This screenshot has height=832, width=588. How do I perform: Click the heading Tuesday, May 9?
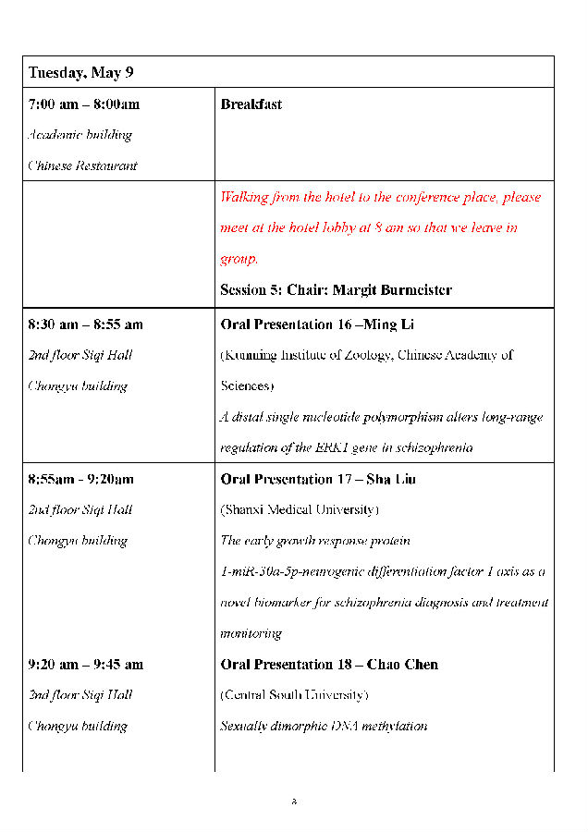coord(80,72)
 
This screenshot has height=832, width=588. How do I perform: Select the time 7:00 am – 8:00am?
coord(84,104)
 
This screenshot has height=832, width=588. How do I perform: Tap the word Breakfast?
coord(251,104)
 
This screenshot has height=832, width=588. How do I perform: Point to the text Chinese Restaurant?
coord(82,166)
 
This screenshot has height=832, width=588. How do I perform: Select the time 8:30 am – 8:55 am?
coord(86,324)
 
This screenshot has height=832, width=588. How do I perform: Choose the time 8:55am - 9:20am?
coord(81,479)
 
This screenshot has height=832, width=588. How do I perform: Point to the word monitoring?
coord(251,634)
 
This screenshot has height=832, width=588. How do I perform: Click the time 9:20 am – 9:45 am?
coord(86,664)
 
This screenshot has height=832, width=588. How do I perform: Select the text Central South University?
coord(294,695)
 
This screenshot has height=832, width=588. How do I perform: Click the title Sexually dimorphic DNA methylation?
coord(324,727)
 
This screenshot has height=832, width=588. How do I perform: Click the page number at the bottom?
coord(294,801)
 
